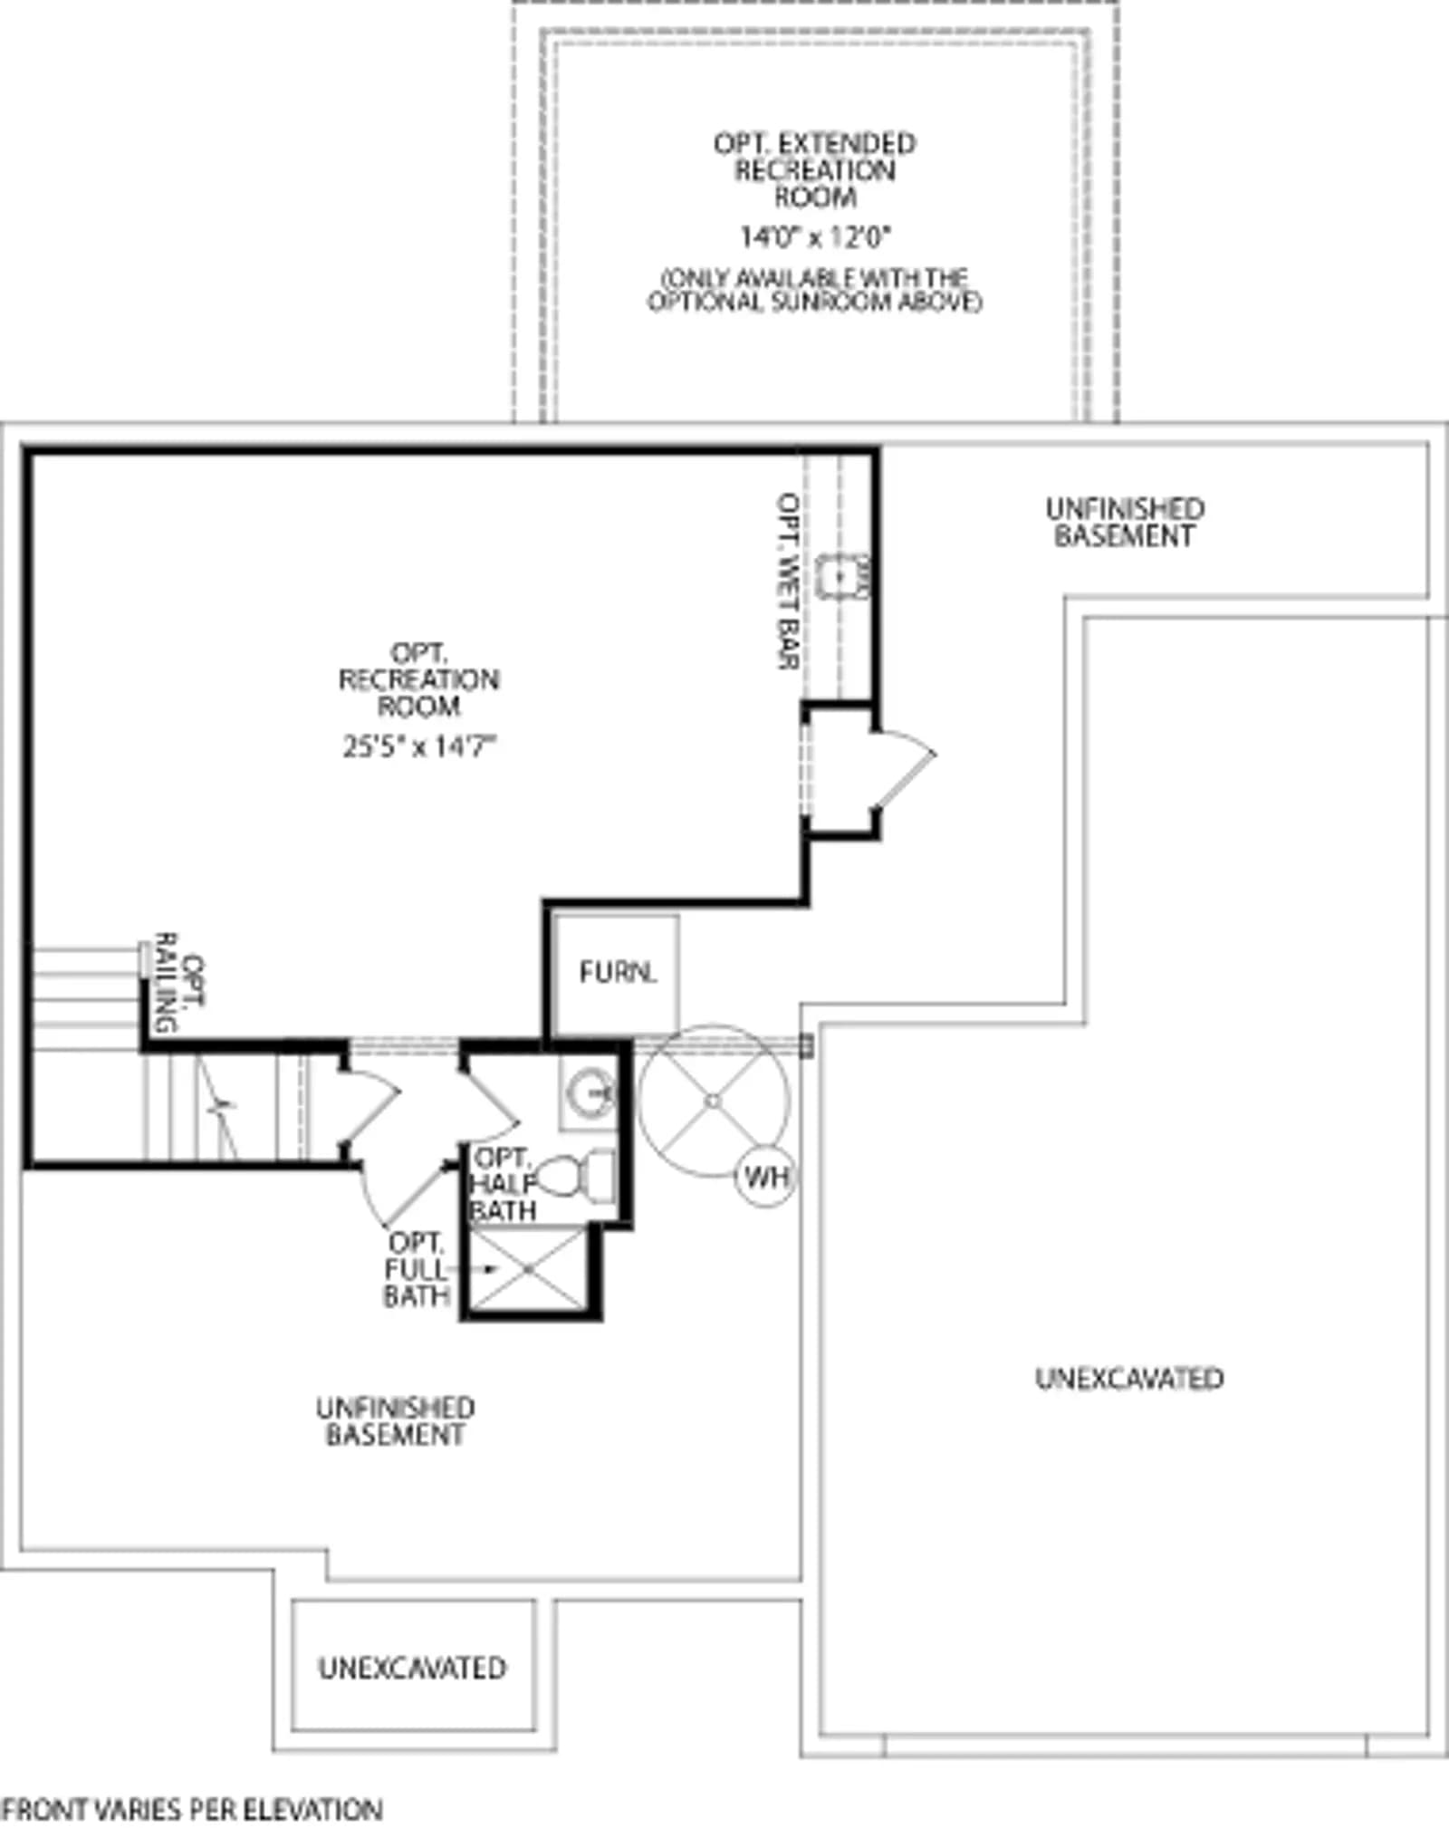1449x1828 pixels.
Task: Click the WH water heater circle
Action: pos(766,1177)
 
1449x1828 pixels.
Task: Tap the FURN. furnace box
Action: pos(616,975)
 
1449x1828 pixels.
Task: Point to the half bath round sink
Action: pos(589,1092)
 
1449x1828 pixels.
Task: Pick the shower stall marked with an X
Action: pos(529,1269)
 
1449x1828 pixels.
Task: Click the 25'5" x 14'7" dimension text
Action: pos(420,746)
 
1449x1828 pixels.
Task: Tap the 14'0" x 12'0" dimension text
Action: pos(816,237)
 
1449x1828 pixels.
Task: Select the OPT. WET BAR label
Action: pos(789,581)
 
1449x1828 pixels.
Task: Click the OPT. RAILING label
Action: pos(180,983)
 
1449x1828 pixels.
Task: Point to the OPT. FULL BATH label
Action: pos(416,1269)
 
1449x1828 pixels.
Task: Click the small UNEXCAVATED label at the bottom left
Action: pos(412,1668)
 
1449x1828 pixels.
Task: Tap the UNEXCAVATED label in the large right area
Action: pos(1129,1378)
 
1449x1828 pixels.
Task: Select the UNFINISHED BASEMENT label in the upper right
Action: pos(1125,522)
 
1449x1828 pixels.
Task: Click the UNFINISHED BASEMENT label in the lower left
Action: pos(396,1421)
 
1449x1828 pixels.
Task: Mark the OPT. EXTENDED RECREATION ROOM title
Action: pos(815,169)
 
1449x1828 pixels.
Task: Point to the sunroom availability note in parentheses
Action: pos(815,289)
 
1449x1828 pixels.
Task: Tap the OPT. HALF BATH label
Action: pos(504,1184)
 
